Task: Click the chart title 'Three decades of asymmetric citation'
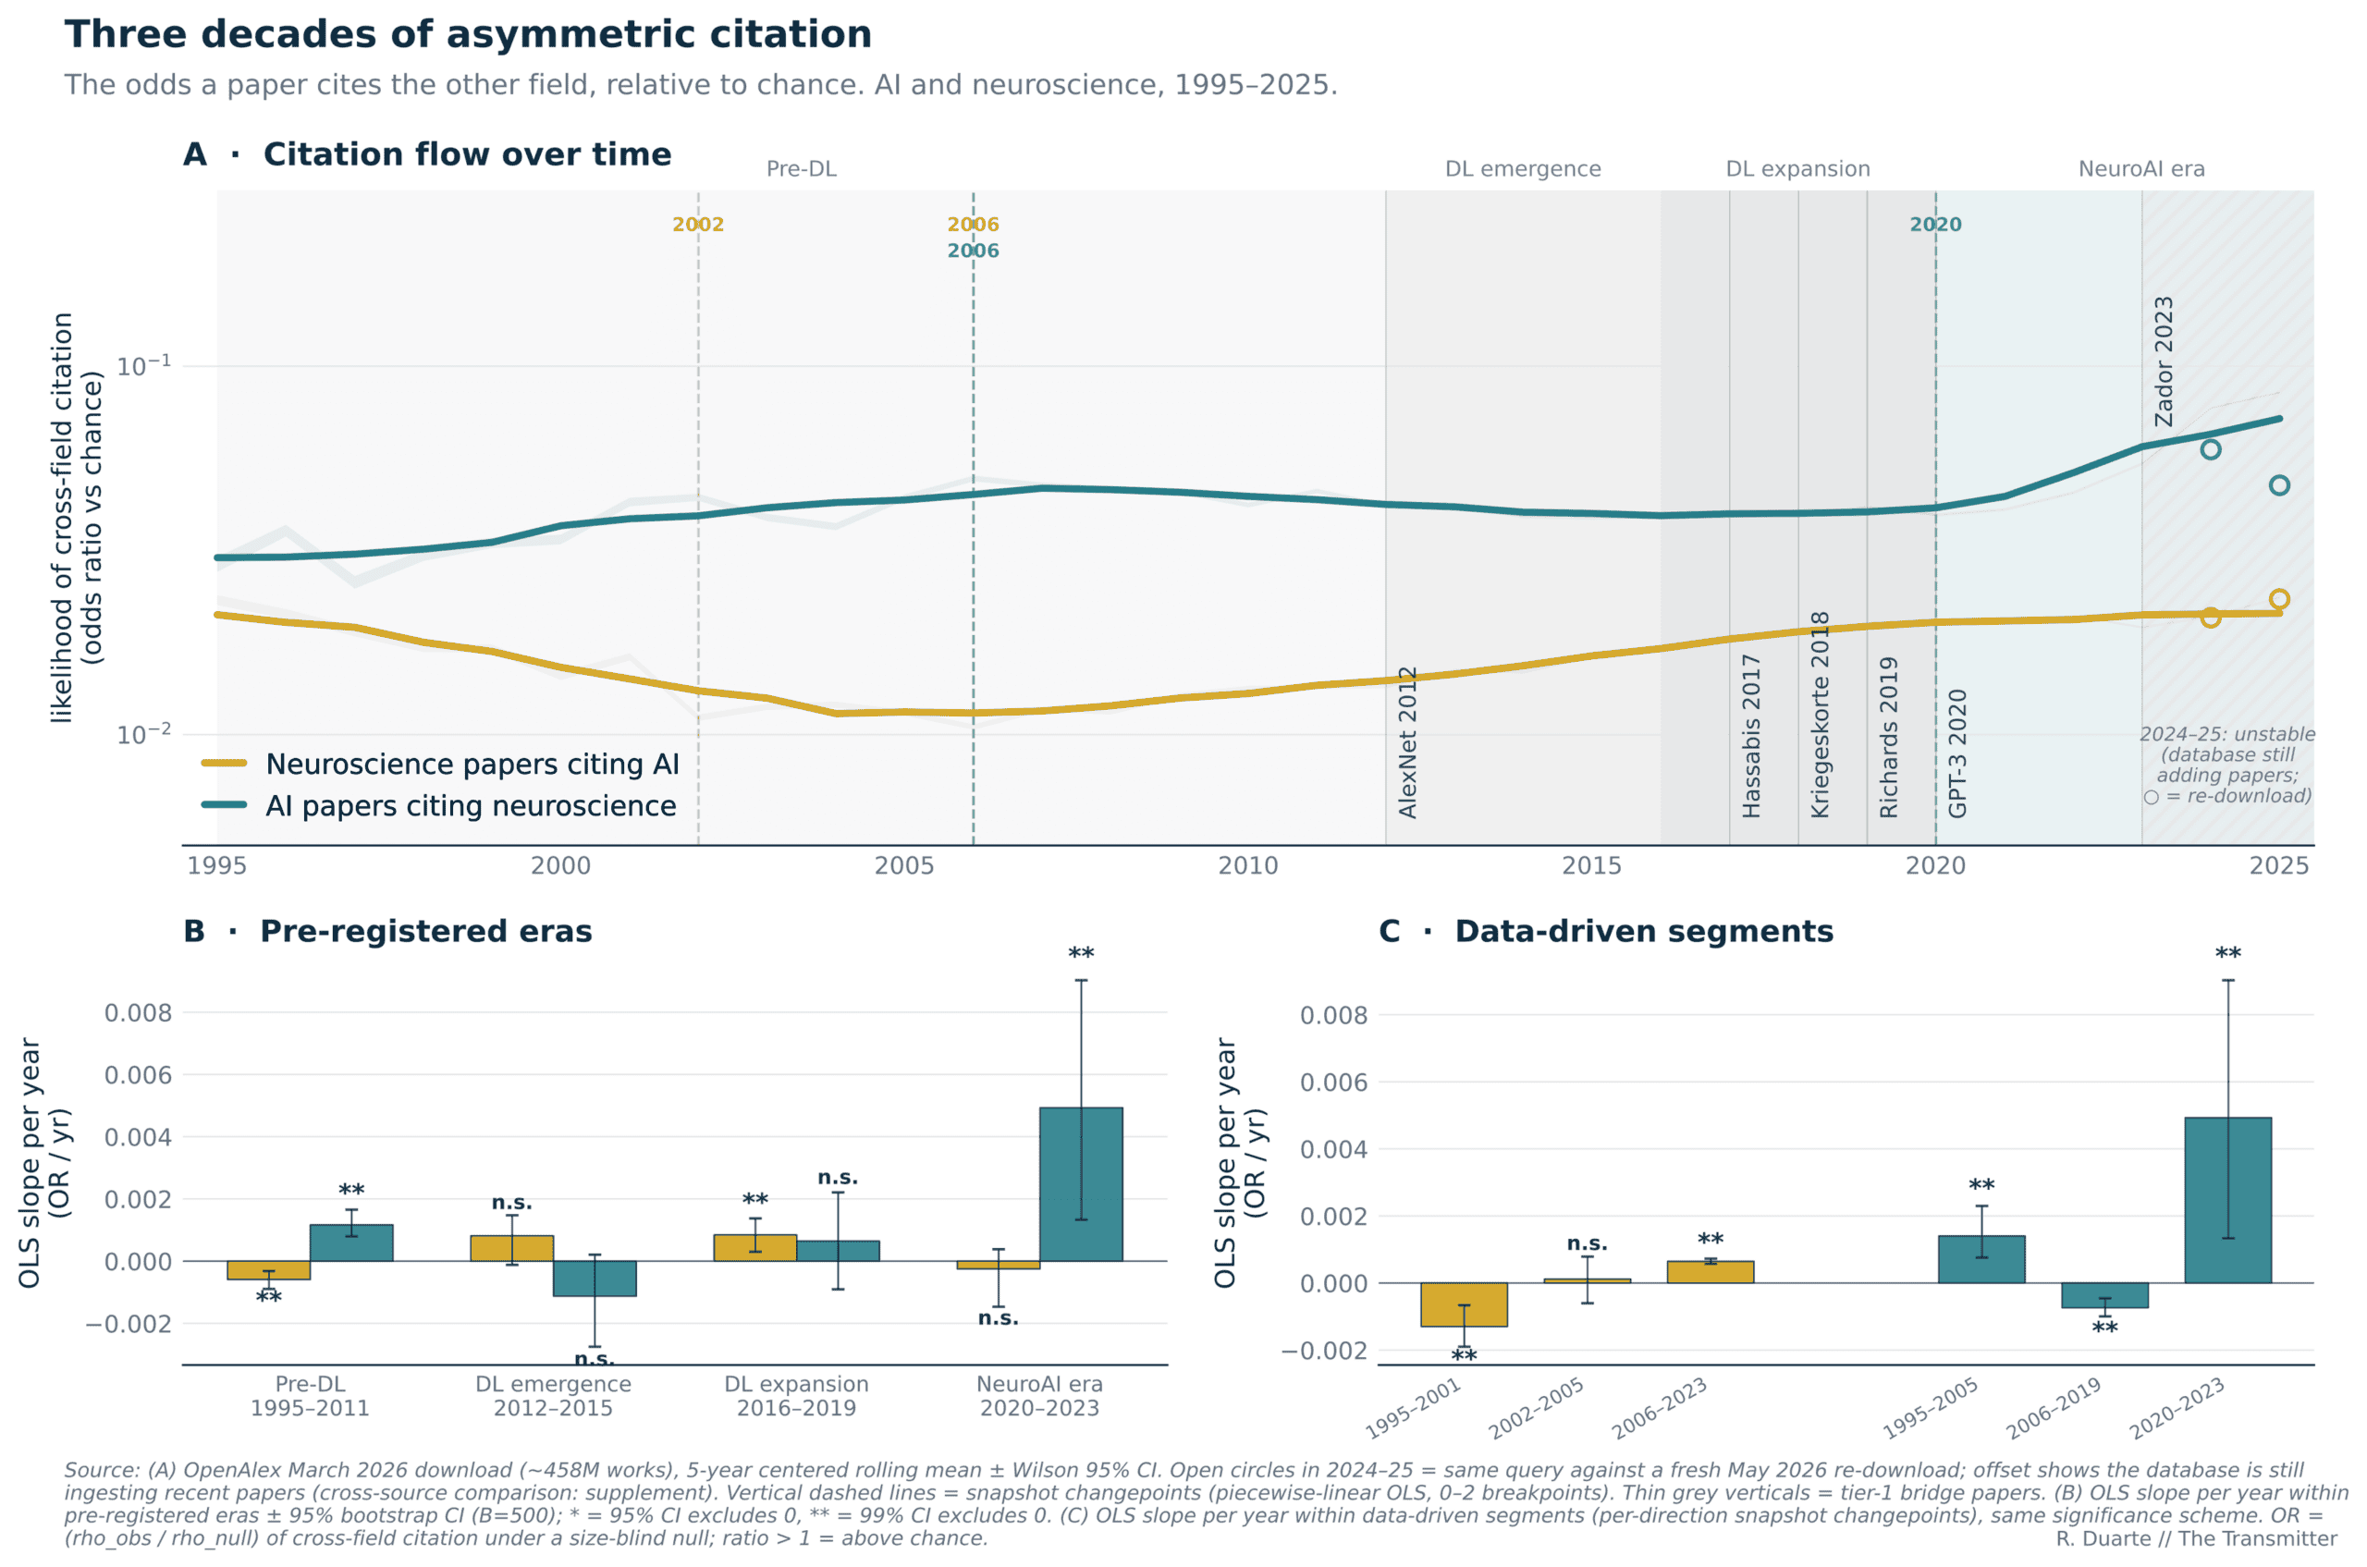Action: coord(468,35)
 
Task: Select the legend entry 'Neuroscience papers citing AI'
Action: coord(472,765)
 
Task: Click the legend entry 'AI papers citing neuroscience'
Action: coord(471,806)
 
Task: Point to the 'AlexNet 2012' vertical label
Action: coord(1407,742)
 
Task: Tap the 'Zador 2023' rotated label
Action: coord(2163,361)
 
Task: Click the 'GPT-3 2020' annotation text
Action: coord(1957,753)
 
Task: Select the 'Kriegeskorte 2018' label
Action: coord(1821,715)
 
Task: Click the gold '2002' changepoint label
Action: coord(698,225)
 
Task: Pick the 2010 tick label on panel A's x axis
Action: coord(1247,865)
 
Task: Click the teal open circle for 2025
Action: coord(2279,485)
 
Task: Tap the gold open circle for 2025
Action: coord(2279,600)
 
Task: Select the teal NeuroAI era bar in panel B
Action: coord(1081,1184)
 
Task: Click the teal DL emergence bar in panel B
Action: coord(595,1279)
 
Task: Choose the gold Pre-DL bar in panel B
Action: coord(269,1270)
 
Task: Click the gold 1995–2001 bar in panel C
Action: coord(1464,1304)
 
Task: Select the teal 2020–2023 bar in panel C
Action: coord(2228,1200)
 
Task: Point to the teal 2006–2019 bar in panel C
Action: coord(2104,1295)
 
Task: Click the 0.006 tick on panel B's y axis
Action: coord(138,1075)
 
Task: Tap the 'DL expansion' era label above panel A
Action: coord(1797,169)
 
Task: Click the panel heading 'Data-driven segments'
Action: coord(1643,931)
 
